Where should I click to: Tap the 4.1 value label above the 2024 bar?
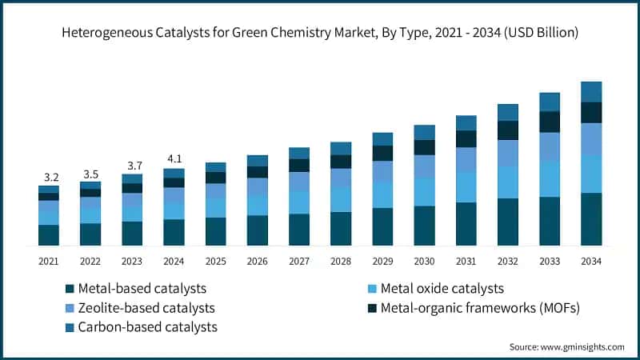tap(174, 158)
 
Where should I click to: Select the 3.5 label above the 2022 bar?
tap(90, 174)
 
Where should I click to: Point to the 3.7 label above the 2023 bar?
tap(132, 166)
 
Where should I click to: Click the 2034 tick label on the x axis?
tap(590, 261)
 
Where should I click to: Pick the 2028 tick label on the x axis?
tap(341, 261)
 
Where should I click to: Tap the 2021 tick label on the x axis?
tap(49, 261)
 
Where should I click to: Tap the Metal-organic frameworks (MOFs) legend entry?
tap(472, 308)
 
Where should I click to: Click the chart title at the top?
tap(320, 33)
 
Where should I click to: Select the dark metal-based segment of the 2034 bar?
tap(590, 218)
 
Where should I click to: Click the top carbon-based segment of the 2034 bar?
tap(590, 91)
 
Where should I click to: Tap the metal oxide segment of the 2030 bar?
tap(424, 191)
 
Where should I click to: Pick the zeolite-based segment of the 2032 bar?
tap(507, 153)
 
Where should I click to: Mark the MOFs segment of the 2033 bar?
tap(549, 122)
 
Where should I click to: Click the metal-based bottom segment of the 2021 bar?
tap(49, 234)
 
